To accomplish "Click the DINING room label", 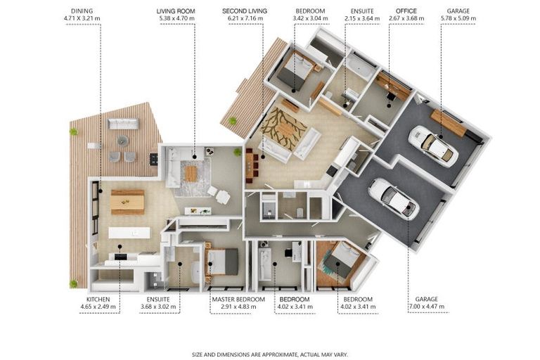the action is pos(82,11).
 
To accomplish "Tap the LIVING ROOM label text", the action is pos(176,11).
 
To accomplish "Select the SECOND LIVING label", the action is pos(245,11).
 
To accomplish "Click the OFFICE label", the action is pos(406,11).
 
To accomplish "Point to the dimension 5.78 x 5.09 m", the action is pos(458,18).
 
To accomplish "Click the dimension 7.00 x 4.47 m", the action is pos(426,307).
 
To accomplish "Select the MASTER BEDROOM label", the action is pos(238,300).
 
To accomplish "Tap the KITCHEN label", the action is pos(98,300).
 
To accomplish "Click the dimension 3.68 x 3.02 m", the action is pos(158,307).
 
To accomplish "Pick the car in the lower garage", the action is pos(394,198).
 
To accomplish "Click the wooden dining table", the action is pos(127,202).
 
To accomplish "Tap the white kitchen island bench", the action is pos(129,233).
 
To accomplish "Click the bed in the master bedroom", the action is pos(221,262).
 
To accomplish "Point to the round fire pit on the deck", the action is pos(122,140).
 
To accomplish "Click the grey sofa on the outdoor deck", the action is pos(123,124).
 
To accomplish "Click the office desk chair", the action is pos(390,95).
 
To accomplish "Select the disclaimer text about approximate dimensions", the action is pos(270,354).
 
